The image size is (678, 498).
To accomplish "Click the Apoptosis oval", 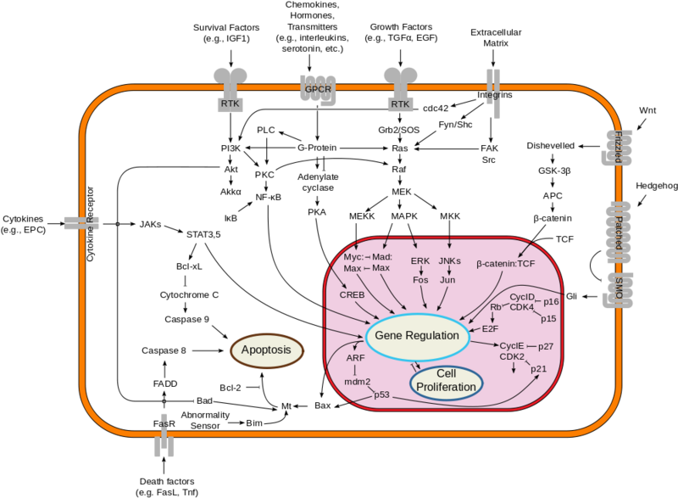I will pos(267,350).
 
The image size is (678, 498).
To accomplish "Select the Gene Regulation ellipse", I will pos(417,336).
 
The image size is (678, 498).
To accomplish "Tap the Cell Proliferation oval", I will pos(446,380).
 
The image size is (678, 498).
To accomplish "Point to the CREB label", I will pos(352,294).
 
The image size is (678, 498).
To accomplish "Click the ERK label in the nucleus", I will pos(420,260).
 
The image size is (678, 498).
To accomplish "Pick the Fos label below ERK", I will pos(420,279).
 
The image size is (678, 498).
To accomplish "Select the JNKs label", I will pos(448,260).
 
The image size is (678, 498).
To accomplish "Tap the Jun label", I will pos(448,279).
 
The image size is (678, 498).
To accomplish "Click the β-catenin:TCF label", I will pos(505,264).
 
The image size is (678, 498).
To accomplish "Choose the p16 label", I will pos(551,301).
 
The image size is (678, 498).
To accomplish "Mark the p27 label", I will pos(545,346).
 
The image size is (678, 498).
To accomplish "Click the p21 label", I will pos(539,369).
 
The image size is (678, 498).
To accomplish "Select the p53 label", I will pos(382,395).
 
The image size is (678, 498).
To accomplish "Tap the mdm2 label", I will pos(358,381).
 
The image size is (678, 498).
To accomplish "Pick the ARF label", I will pos(356,358).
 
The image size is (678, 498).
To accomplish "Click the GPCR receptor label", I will pos(318,89).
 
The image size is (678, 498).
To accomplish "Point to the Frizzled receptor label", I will pos(619,148).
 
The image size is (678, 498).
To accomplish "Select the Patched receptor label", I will pos(619,232).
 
